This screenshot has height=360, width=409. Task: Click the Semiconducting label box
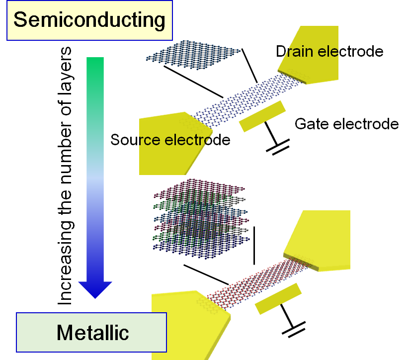coord(89,20)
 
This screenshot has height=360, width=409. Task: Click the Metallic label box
coord(92,332)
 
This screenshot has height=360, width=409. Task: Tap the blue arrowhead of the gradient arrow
coord(95,289)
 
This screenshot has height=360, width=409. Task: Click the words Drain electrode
coord(329,51)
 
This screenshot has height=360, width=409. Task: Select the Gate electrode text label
coord(346,123)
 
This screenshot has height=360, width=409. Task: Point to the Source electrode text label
coord(170,140)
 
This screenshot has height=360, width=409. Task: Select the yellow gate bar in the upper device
coord(262,116)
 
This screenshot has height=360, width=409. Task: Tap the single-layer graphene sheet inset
coord(194,56)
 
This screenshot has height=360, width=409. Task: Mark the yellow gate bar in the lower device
coord(278,298)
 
